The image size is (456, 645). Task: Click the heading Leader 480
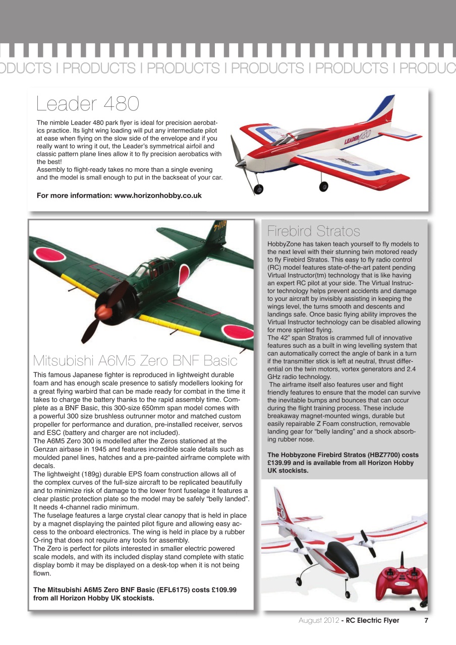pos(88,104)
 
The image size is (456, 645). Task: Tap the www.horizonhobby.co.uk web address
pos(158,196)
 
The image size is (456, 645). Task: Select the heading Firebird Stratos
pos(313,231)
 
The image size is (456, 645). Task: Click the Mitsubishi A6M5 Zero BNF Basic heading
pos(135,361)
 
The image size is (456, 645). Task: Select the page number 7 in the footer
pos(426,620)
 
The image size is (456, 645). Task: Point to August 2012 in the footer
pos(318,620)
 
